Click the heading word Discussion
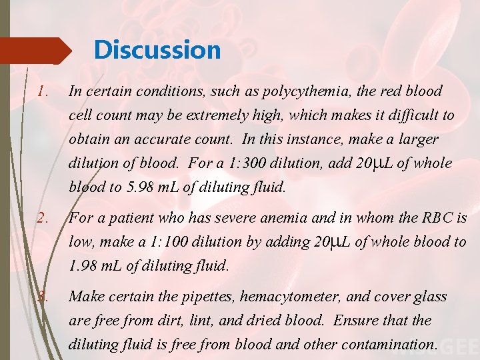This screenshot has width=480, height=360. (x=157, y=50)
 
